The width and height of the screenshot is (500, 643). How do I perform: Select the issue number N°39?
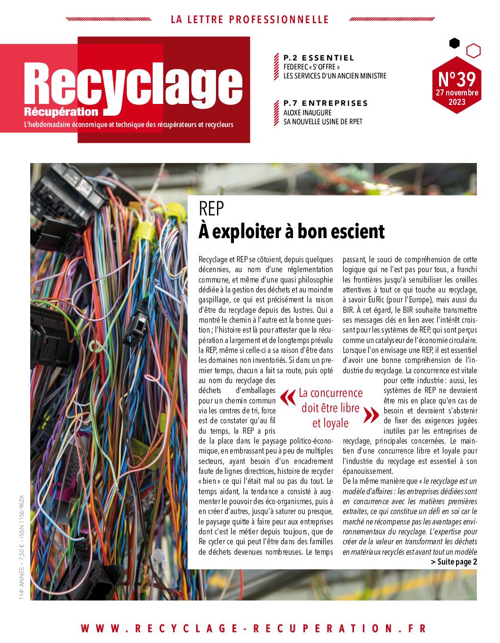point(457,77)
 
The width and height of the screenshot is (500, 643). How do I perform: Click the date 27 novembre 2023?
point(457,97)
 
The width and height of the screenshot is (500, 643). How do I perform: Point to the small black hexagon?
point(454,43)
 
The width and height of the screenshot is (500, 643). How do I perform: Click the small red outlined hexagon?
point(473,50)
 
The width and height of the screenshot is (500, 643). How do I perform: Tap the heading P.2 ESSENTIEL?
point(319,58)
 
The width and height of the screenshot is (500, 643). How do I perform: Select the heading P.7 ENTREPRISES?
point(326,103)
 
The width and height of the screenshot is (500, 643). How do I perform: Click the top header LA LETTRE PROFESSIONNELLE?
point(250,19)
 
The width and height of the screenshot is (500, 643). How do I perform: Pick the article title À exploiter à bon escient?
point(292,231)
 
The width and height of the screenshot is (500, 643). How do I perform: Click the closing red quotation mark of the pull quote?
point(372,415)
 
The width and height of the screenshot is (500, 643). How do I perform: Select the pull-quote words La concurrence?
point(331,393)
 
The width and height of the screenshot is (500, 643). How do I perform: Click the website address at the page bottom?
point(253,628)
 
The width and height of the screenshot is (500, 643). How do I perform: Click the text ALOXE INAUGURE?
point(307,112)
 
